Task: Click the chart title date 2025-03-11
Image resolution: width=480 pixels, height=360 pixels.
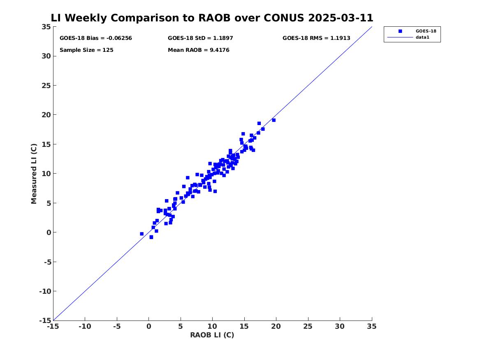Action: coord(341,18)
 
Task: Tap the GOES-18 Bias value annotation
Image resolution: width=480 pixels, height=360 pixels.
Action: coord(96,38)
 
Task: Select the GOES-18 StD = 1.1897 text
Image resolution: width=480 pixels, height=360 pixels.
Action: coord(200,38)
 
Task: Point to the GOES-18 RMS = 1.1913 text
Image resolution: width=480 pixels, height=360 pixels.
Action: coord(316,38)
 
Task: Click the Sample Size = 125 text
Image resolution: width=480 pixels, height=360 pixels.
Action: coord(86,50)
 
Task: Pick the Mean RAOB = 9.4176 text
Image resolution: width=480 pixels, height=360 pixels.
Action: coord(198,50)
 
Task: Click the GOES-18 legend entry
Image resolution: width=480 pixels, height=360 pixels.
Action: coord(426,31)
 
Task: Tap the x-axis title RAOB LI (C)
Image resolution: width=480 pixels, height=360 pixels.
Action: coord(212,335)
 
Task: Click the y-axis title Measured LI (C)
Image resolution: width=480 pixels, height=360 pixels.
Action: coord(34,174)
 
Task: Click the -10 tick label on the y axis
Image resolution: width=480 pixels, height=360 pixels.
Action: coord(45,291)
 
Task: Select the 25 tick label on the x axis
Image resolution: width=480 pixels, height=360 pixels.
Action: coord(308,326)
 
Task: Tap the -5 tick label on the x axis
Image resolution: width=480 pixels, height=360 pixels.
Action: coord(117,326)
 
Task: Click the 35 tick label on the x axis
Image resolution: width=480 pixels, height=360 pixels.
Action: coord(372,326)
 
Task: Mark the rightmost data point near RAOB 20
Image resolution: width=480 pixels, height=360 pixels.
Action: coord(274,120)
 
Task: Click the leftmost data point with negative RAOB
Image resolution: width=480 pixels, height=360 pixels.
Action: coord(142,234)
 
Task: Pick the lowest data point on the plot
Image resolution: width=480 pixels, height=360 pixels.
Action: coord(151,237)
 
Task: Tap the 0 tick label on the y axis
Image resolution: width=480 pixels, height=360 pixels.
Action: coord(49,232)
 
